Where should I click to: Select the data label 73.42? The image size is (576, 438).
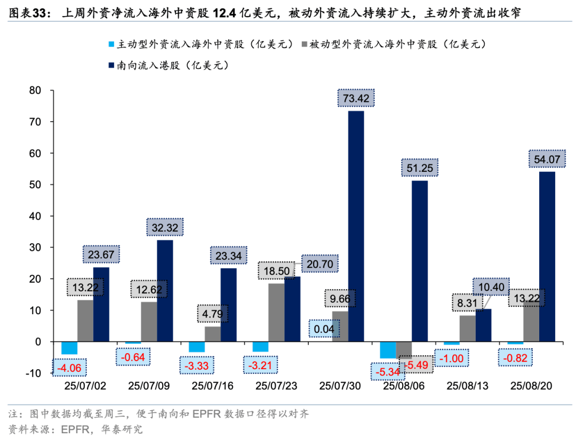[x=356, y=98]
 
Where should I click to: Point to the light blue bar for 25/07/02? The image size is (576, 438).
[x=69, y=348]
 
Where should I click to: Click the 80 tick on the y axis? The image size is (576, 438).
[x=35, y=91]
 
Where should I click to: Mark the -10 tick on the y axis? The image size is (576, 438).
[x=33, y=373]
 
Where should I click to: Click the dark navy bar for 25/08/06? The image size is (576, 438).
[x=420, y=261]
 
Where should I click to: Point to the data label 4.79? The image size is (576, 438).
[x=213, y=313]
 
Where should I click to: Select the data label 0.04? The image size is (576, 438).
[x=324, y=329]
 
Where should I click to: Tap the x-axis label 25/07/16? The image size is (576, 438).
[x=212, y=386]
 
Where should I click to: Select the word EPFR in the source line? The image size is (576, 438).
[x=76, y=428]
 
